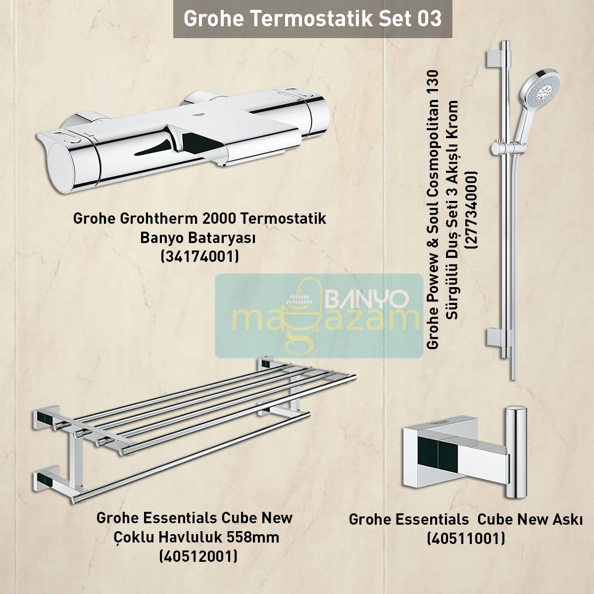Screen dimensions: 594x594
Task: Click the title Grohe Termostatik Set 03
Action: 312,19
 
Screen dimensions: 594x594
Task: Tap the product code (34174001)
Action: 200,256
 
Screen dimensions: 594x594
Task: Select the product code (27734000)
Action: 469,210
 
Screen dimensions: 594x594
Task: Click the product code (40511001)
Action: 466,538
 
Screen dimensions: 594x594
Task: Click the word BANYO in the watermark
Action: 366,298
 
